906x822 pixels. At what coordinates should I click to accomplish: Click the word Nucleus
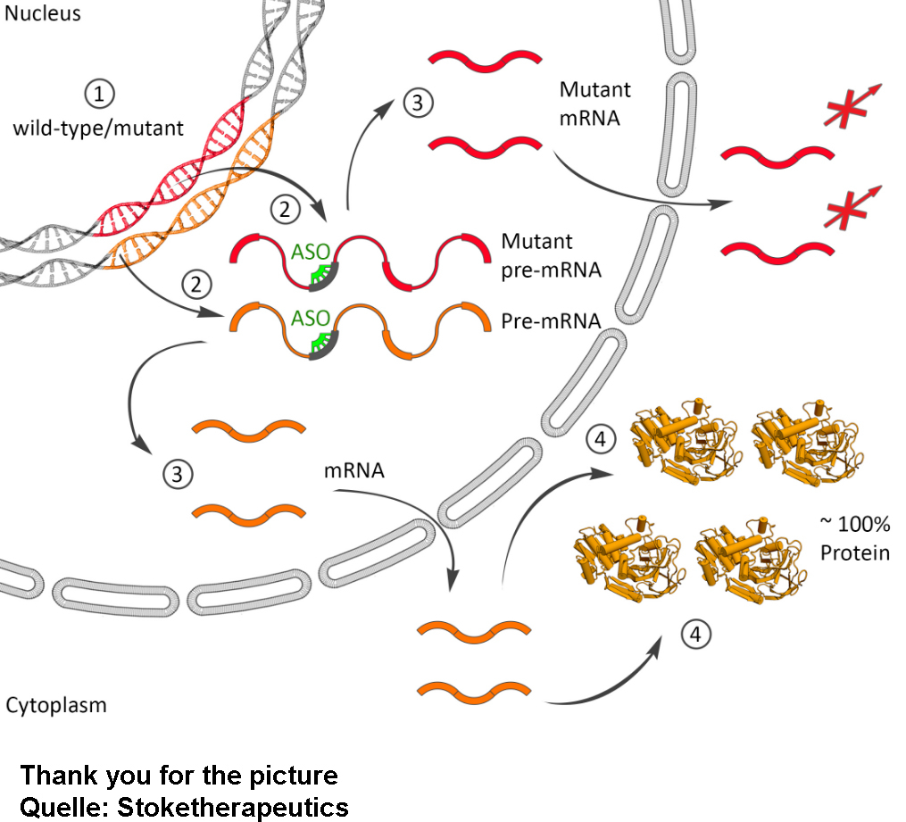(42, 13)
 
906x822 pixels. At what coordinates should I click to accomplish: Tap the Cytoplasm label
(56, 705)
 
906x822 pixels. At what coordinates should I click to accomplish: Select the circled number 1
(99, 93)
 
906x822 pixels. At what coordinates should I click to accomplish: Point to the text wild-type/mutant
(98, 128)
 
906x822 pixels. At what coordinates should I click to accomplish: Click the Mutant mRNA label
(594, 104)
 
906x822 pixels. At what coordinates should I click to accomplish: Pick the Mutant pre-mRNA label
(550, 255)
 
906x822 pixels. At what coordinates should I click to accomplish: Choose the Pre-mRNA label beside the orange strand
(550, 319)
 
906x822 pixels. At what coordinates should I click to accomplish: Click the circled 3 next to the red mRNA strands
(417, 103)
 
